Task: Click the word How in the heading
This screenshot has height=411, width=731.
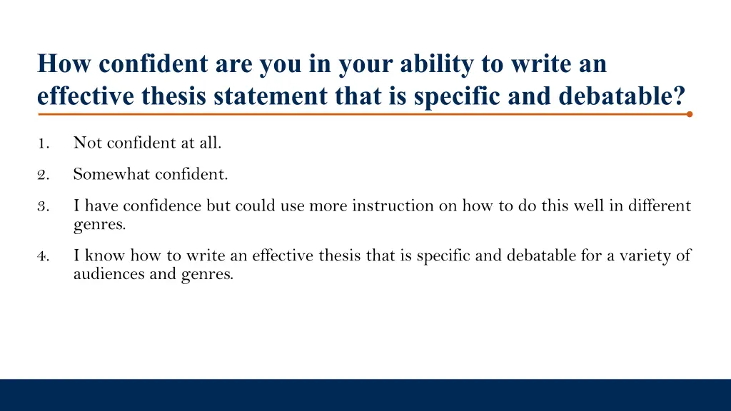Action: pyautogui.click(x=65, y=64)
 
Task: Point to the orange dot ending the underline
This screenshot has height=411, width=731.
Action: pyautogui.click(x=689, y=113)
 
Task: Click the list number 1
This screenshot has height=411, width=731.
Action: pyautogui.click(x=42, y=143)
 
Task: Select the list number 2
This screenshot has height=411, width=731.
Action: pyautogui.click(x=42, y=174)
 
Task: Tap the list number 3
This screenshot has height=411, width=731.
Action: pyautogui.click(x=42, y=207)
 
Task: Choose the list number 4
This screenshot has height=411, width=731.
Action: pyautogui.click(x=42, y=255)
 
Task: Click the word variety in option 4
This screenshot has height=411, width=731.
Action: pyautogui.click(x=647, y=255)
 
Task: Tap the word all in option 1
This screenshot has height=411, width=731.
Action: pyautogui.click(x=211, y=143)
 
